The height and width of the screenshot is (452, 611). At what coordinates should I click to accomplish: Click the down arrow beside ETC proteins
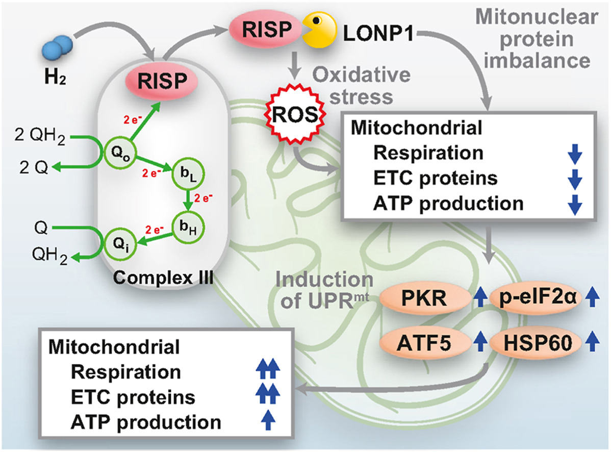point(574,180)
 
